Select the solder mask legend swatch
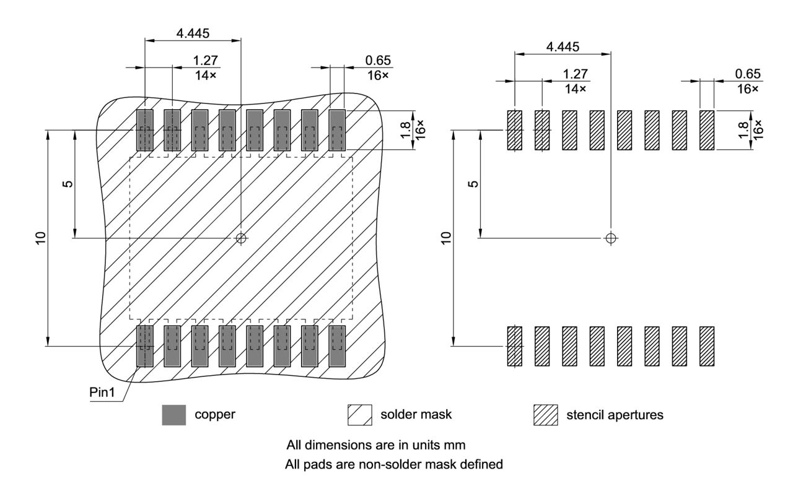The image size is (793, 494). tap(359, 415)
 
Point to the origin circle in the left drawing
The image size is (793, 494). tap(241, 238)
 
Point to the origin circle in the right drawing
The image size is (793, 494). tap(611, 238)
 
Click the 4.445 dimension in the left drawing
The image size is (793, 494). tap(193, 33)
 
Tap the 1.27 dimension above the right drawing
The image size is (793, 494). tap(575, 74)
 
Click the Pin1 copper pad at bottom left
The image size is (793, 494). tap(144, 346)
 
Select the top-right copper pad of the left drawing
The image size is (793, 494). tap(337, 130)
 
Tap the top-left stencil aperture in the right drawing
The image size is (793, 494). tap(515, 130)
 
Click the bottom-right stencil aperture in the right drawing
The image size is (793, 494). tap(707, 346)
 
